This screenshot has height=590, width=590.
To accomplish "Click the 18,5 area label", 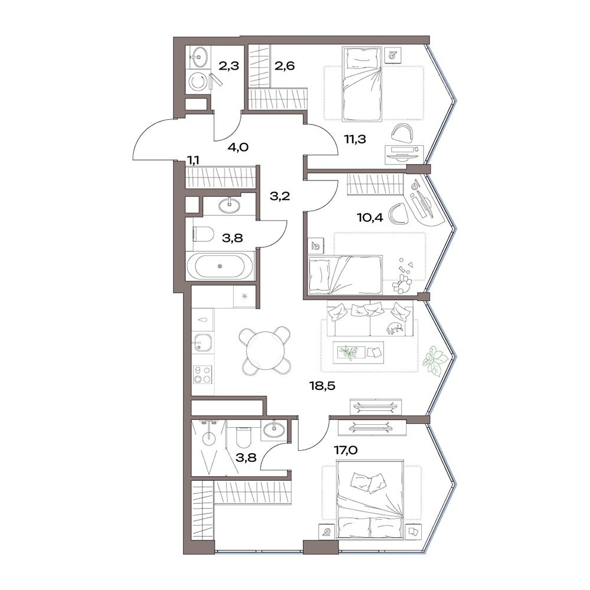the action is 323,386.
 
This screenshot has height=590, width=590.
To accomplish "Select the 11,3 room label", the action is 355,139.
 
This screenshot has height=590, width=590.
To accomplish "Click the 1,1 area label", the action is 194,160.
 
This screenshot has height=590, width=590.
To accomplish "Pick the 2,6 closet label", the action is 284,66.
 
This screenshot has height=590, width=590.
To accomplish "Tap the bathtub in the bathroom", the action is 221,265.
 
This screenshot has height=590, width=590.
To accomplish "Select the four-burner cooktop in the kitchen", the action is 202,375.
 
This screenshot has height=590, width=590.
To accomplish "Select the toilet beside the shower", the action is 241,438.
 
